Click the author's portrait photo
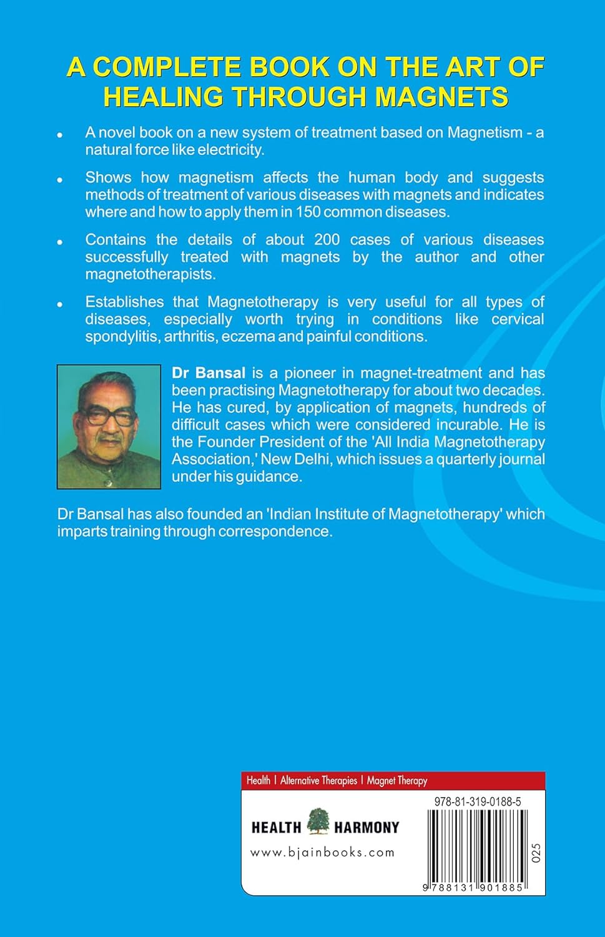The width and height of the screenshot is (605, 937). pos(109,426)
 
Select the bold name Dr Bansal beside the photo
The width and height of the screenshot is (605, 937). pos(209,373)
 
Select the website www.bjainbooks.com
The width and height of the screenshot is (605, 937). pos(322,852)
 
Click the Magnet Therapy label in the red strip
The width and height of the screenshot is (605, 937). pos(397,780)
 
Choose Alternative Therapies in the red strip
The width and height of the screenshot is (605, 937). pos(318,780)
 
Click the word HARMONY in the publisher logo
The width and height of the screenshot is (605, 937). pos(366,828)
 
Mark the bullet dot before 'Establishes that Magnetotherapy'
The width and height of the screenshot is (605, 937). pos(60,304)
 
